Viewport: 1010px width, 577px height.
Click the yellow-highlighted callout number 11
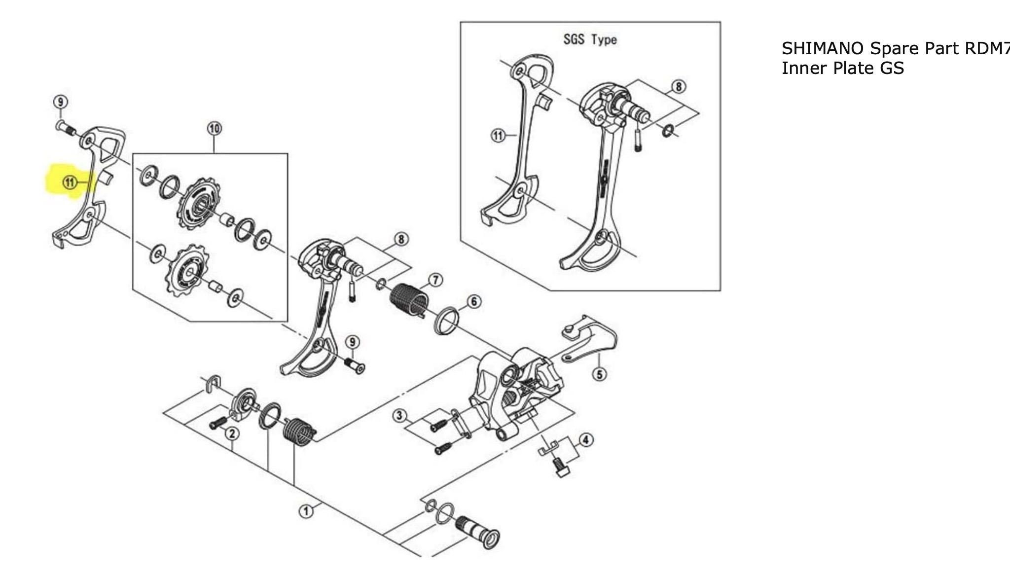pos(70,183)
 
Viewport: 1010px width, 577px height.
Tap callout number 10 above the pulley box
pos(214,129)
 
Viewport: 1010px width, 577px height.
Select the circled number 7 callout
pos(435,280)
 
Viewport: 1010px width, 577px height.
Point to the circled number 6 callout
pos(474,301)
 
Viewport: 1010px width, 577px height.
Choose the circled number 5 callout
pos(600,374)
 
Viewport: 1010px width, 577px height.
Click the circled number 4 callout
pos(586,439)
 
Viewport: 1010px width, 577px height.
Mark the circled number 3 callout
pos(400,416)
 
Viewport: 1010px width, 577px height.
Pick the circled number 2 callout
pos(232,434)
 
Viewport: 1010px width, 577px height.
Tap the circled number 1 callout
pos(306,511)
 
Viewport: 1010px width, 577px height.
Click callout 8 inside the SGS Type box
pos(679,87)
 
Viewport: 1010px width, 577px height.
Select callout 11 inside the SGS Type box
pos(498,135)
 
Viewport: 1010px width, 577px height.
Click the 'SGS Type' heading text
pos(590,39)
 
